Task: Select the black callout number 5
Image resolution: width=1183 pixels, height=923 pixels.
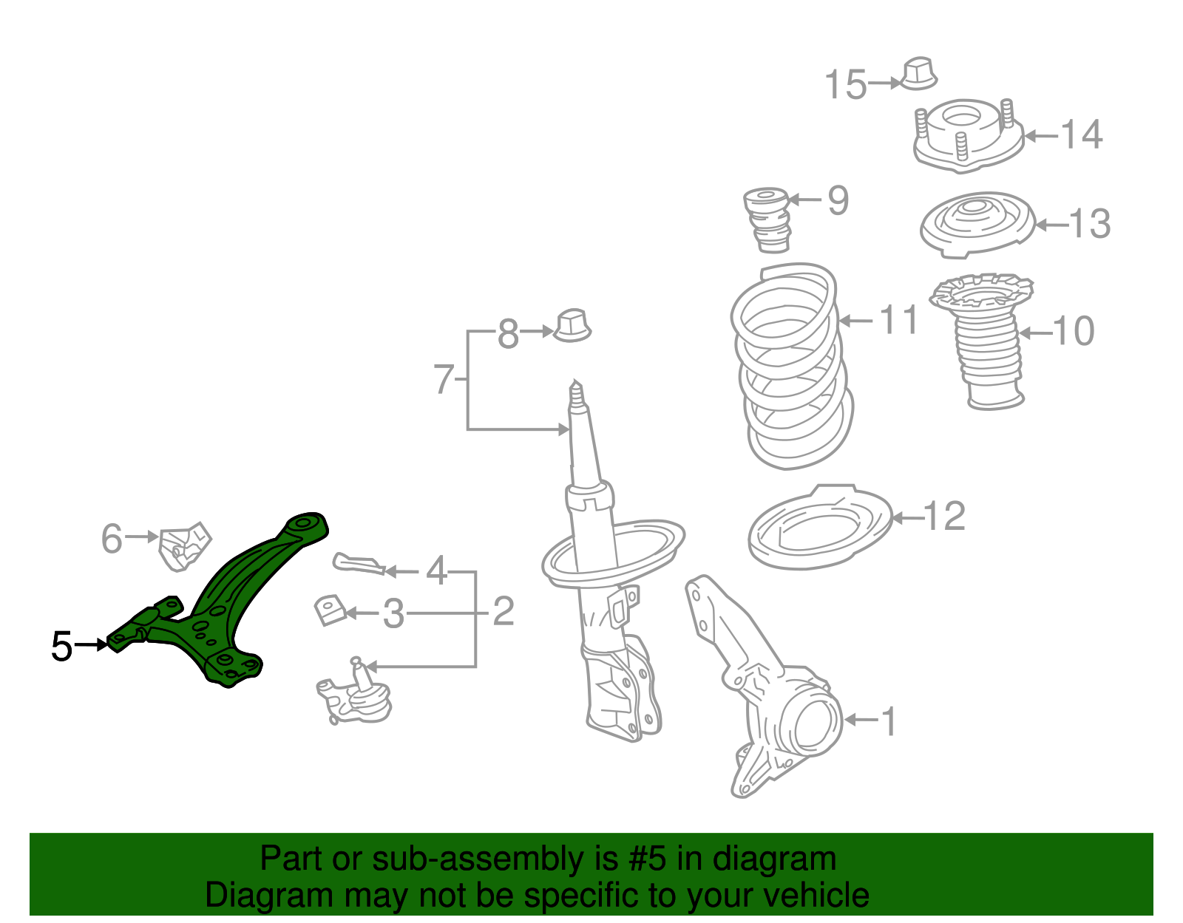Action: point(62,647)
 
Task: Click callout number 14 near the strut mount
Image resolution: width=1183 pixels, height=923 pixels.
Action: point(1081,135)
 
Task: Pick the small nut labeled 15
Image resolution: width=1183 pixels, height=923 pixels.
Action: point(919,73)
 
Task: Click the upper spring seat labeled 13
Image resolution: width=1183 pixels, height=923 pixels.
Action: point(976,225)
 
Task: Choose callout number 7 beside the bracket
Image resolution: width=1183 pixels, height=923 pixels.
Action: point(443,380)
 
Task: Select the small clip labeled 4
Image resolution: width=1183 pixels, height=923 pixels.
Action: point(359,564)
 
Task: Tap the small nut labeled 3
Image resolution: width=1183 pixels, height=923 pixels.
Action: point(331,610)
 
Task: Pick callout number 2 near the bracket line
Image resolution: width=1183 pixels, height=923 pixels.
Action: point(504,612)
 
